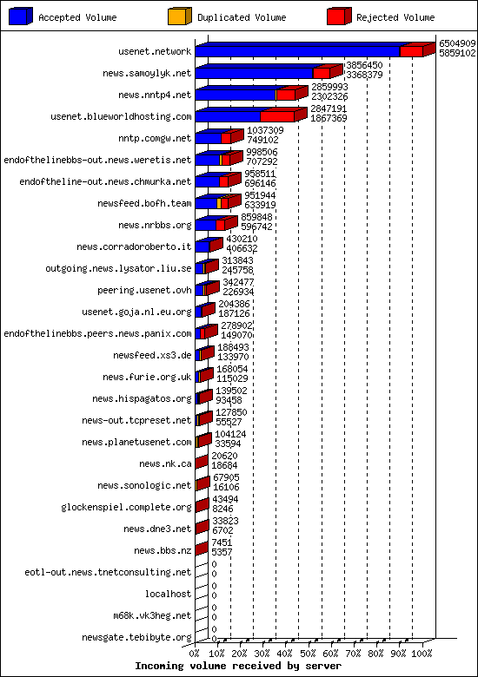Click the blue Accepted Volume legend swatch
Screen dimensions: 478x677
pyautogui.click(x=20, y=16)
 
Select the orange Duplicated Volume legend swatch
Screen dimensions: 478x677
pyautogui.click(x=179, y=16)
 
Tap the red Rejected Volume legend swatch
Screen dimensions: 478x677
pyautogui.click(x=339, y=16)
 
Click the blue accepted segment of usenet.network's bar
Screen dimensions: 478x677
pyautogui.click(x=297, y=51)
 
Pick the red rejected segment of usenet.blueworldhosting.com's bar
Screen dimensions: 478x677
pyautogui.click(x=277, y=116)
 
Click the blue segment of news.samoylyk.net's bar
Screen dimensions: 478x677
pyautogui.click(x=254, y=73)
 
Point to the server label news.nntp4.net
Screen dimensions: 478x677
pyautogui.click(x=155, y=95)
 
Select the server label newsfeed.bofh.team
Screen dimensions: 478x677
pyautogui.click(x=144, y=203)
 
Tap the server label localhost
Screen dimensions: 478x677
pyautogui.click(x=168, y=594)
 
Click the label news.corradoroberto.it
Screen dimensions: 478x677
pyautogui.click(x=134, y=246)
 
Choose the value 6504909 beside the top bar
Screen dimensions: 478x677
pyautogui.click(x=457, y=43)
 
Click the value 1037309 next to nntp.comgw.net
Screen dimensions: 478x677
pyautogui.click(x=265, y=130)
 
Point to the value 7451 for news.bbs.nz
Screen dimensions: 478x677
pyautogui.click(x=222, y=542)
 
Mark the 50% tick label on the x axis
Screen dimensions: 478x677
pyautogui.click(x=308, y=654)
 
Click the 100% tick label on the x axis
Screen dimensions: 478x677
pyautogui.click(x=422, y=654)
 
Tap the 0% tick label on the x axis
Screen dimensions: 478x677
pyautogui.click(x=195, y=654)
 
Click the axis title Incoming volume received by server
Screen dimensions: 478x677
pyautogui.click(x=238, y=666)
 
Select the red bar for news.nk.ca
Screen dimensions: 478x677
pyautogui.click(x=202, y=462)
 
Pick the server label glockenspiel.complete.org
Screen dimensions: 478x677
pyautogui.click(x=126, y=508)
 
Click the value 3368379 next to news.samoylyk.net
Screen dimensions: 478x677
pyautogui.click(x=364, y=75)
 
